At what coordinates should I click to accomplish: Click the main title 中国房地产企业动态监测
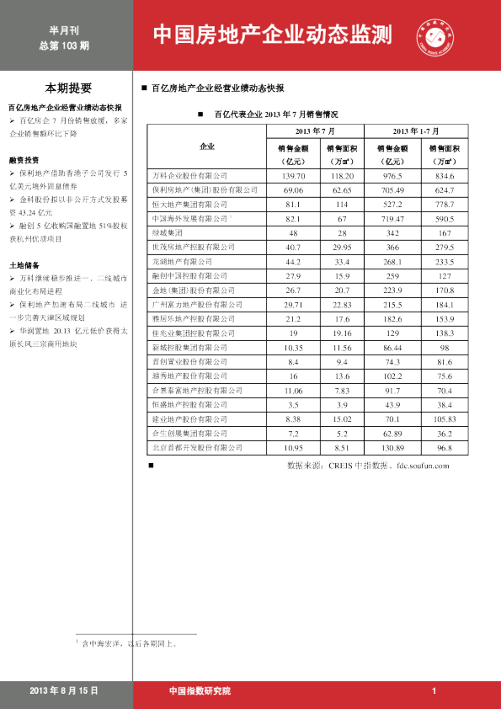click(x=273, y=35)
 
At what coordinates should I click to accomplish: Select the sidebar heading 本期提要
click(x=69, y=88)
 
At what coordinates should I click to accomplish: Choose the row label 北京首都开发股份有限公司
click(x=195, y=447)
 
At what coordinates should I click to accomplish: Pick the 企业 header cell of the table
click(x=206, y=147)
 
